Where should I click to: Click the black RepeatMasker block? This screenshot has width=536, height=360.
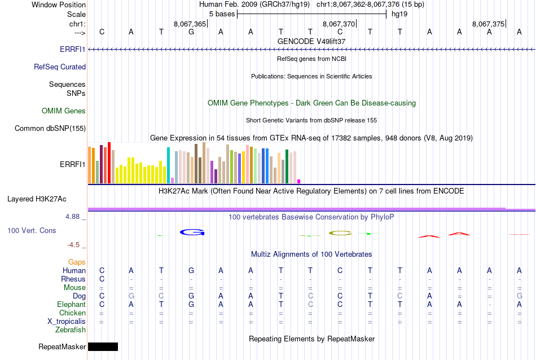(103, 346)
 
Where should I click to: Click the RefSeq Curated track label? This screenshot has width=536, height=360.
(60, 67)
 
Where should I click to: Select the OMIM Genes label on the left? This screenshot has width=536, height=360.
(64, 111)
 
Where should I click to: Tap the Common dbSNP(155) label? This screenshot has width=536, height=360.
(50, 129)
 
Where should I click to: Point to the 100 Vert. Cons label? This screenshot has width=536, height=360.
(32, 231)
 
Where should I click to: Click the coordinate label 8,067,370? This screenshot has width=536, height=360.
(339, 24)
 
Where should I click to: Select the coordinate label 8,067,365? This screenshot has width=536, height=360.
(190, 24)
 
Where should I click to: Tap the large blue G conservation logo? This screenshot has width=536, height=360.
(191, 232)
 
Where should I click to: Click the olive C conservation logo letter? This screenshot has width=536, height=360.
(340, 232)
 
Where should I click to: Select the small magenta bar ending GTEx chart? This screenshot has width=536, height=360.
(298, 181)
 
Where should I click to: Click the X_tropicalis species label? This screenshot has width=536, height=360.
(67, 321)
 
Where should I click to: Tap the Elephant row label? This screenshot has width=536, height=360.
(71, 304)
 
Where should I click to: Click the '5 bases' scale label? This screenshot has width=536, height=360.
(220, 14)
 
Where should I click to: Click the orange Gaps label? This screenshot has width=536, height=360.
(77, 262)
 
